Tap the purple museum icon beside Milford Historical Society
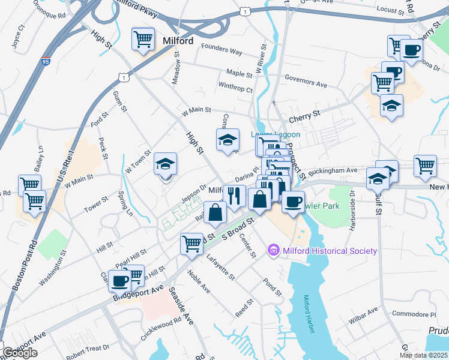coord(274,250)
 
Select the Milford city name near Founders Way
coord(178,41)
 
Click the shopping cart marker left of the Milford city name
coord(143,40)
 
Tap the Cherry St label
coord(304,112)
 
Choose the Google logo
coord(20,353)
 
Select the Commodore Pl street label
coord(413,314)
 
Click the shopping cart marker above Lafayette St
coord(191,244)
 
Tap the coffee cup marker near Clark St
coord(120,280)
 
